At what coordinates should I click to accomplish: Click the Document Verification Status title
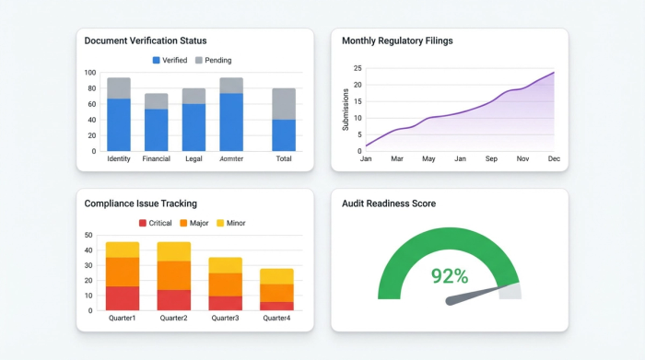[146, 41]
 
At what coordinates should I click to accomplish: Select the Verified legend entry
[170, 61]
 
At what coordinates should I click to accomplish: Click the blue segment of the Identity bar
[119, 124]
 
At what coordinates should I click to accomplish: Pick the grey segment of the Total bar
[284, 103]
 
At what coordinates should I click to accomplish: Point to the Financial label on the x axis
[157, 159]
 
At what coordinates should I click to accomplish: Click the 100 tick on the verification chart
[90, 73]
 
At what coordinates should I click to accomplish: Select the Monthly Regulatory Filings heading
[397, 41]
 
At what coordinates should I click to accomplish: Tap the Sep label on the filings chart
[491, 159]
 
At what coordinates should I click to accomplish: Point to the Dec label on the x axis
[554, 159]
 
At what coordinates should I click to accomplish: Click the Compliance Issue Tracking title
[140, 203]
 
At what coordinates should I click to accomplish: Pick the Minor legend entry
[230, 223]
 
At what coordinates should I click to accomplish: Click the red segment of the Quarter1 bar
[123, 298]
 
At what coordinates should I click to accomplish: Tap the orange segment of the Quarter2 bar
[174, 275]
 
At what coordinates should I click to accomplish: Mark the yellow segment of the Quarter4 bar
[276, 276]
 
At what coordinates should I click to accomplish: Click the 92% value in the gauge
[450, 276]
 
